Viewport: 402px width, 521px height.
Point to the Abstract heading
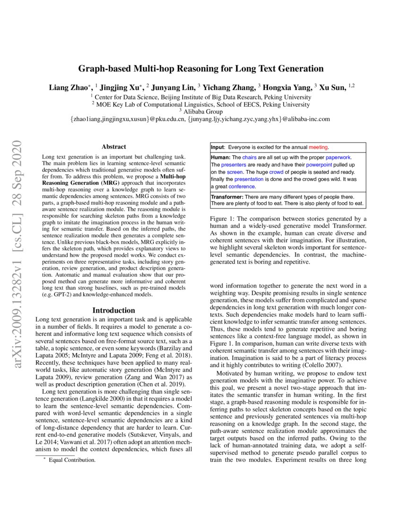114,147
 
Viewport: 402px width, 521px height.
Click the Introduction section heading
114,310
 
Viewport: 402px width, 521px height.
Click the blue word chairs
249,157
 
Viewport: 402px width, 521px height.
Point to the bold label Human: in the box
221,157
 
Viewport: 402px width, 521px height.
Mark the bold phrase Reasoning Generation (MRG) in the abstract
76,182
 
